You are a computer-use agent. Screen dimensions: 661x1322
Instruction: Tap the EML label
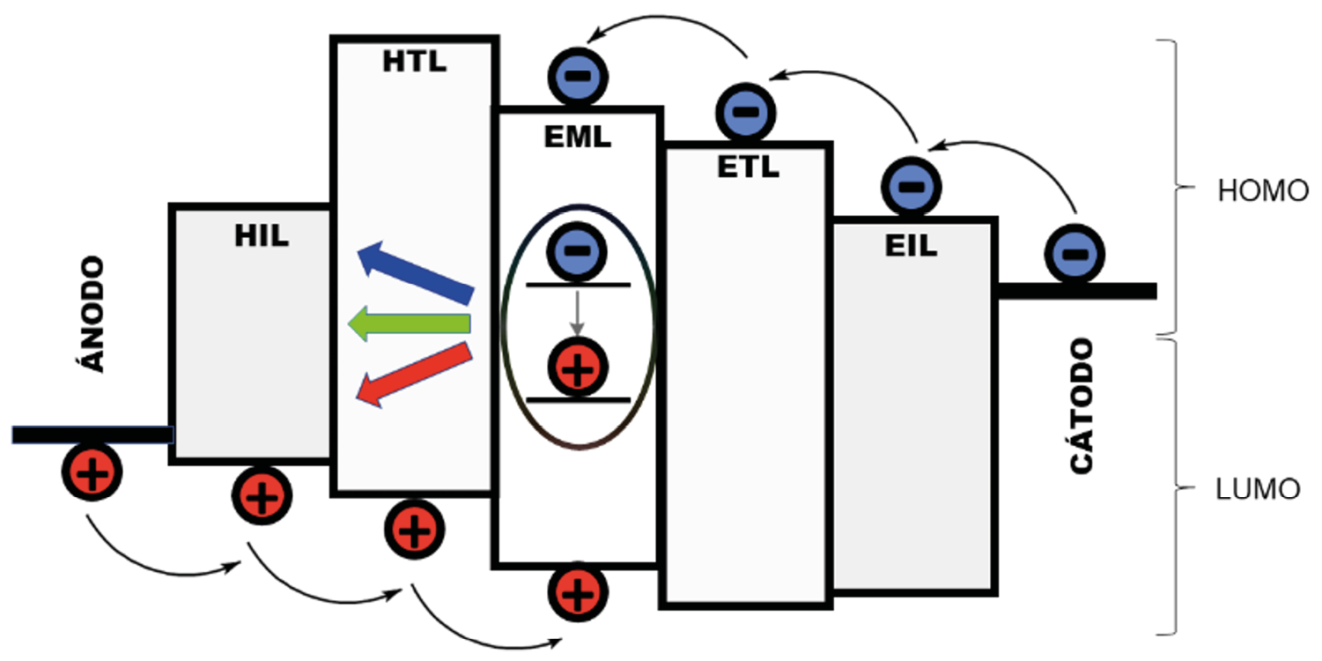578,137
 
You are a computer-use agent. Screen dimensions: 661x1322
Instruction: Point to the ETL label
747,167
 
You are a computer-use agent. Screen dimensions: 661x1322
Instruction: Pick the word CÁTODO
1082,406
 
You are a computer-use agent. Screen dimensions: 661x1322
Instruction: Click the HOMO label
1263,191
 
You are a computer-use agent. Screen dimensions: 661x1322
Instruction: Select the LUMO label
1258,489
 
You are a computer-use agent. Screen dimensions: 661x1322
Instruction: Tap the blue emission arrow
414,274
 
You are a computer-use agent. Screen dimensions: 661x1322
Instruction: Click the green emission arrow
408,324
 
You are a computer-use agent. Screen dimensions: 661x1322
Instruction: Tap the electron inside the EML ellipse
576,250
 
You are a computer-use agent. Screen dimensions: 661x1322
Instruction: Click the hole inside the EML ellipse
577,368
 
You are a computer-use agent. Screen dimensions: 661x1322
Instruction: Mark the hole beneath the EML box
578,591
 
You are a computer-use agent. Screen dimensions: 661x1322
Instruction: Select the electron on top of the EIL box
912,187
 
